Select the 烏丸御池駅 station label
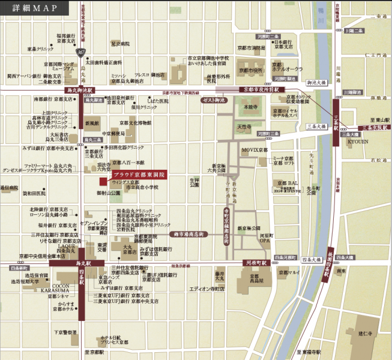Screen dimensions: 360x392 79,90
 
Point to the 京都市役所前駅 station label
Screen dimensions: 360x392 261,89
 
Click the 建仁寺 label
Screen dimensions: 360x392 366,332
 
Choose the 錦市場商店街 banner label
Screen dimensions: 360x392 189,234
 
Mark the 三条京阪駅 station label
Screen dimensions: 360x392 374,127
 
